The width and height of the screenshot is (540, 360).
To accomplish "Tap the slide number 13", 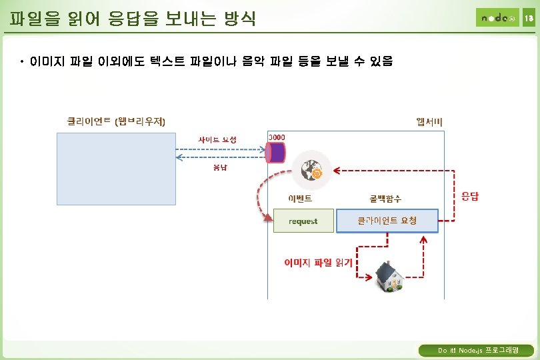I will (x=528, y=19).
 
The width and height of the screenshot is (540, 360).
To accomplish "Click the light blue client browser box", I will (x=116, y=168).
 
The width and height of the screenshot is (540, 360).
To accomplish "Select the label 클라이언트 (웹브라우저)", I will (x=116, y=121).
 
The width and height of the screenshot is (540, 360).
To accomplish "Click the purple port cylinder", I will (x=275, y=152).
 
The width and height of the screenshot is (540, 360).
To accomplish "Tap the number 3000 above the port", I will (x=277, y=137).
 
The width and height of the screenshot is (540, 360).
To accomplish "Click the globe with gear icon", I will (x=311, y=170).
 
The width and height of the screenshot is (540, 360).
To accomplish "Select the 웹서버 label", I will (x=429, y=121).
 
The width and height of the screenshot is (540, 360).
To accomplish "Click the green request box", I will (x=303, y=221).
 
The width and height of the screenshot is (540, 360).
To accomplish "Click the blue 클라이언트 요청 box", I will (x=387, y=221).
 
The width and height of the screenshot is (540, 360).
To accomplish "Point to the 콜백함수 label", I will (x=386, y=199).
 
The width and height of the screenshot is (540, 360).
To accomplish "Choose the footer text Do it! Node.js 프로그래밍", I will (x=476, y=350).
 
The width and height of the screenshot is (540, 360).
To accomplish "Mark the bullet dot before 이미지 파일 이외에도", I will (x=23, y=62).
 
